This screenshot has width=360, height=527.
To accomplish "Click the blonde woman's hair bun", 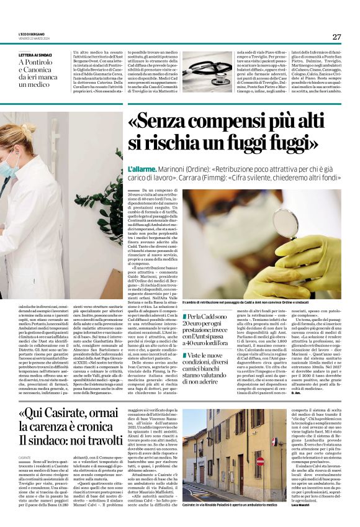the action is tap(27, 130).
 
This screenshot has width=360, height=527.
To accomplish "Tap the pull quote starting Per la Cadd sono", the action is tap(207, 329).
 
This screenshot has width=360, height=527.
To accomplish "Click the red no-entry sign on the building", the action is tap(261, 461).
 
